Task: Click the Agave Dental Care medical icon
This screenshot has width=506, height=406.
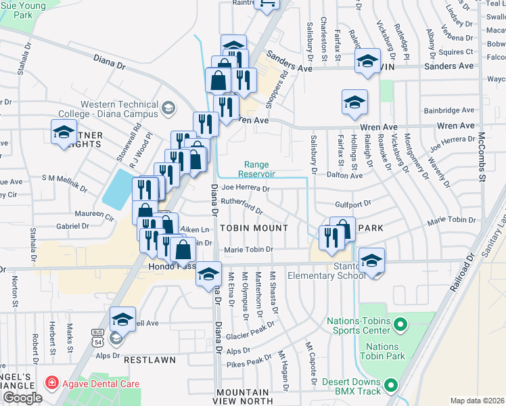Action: pos(51,384)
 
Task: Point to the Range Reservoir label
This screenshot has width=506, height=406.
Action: pos(256,169)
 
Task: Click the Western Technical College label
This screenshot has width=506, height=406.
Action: pos(118,110)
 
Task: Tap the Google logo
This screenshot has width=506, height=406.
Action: pos(22,398)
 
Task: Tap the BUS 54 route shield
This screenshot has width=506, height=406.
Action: pos(97,336)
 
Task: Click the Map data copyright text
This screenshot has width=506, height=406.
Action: pos(477,401)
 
